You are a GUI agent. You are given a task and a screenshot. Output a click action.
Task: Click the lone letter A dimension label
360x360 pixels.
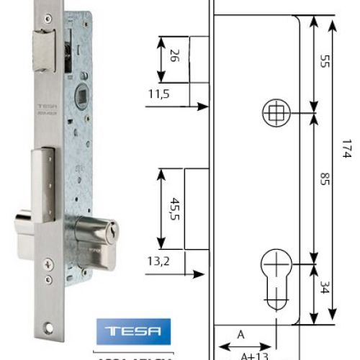point(240,334)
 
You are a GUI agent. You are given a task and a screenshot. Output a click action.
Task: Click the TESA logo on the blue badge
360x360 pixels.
point(134,333)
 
